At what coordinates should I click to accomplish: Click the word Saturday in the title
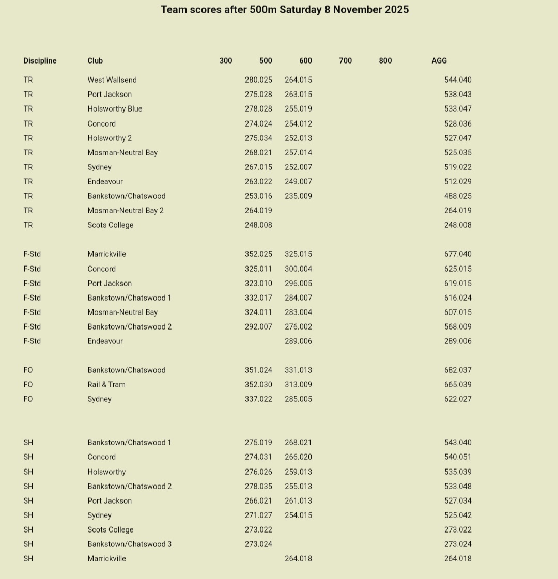(x=300, y=10)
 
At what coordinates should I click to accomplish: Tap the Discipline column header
(x=40, y=61)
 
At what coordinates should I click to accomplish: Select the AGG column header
(x=439, y=61)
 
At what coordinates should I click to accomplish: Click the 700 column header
(x=345, y=61)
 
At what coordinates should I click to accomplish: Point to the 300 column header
(x=226, y=61)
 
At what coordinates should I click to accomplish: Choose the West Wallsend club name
(x=112, y=80)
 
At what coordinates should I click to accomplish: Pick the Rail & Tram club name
(x=106, y=385)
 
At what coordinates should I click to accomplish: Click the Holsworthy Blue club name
(x=115, y=109)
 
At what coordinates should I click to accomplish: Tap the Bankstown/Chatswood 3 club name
(x=129, y=544)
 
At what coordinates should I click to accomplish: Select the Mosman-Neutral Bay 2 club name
(x=126, y=211)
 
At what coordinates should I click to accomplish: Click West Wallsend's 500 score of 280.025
(x=258, y=80)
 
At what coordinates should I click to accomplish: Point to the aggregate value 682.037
(x=458, y=370)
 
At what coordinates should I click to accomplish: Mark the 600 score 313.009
(x=298, y=385)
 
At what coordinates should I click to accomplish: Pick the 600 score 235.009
(x=298, y=196)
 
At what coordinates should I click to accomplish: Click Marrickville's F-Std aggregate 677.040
(x=458, y=254)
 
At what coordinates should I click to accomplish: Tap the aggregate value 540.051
(x=458, y=457)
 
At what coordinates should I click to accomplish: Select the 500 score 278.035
(x=258, y=487)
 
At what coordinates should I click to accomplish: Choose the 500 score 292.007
(x=258, y=327)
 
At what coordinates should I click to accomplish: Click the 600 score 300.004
(x=298, y=269)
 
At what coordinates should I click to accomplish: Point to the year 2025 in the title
(x=397, y=10)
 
